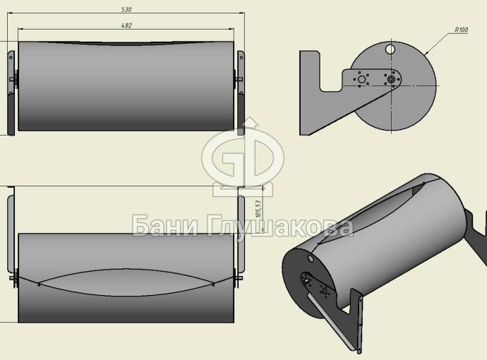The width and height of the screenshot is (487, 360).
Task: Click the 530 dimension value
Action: click(x=126, y=10)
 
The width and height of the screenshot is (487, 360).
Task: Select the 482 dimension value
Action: click(x=126, y=25)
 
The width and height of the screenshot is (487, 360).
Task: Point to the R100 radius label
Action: click(x=461, y=30)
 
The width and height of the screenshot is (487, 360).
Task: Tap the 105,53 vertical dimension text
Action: click(x=258, y=209)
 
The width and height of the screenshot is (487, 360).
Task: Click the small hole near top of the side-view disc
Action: click(x=390, y=49)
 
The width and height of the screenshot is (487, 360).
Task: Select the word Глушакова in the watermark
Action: click(x=279, y=227)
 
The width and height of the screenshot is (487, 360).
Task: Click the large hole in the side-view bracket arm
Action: click(x=361, y=79)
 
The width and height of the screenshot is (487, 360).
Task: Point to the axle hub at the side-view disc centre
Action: click(x=391, y=80)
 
